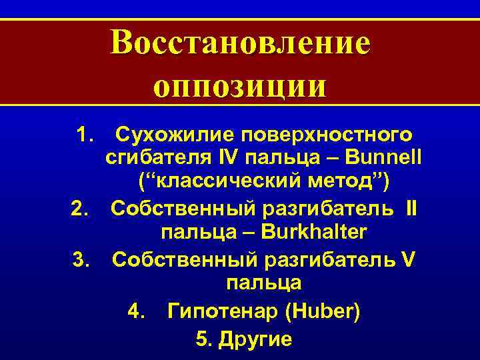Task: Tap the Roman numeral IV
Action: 226,159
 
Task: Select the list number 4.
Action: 135,311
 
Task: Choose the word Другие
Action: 254,339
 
